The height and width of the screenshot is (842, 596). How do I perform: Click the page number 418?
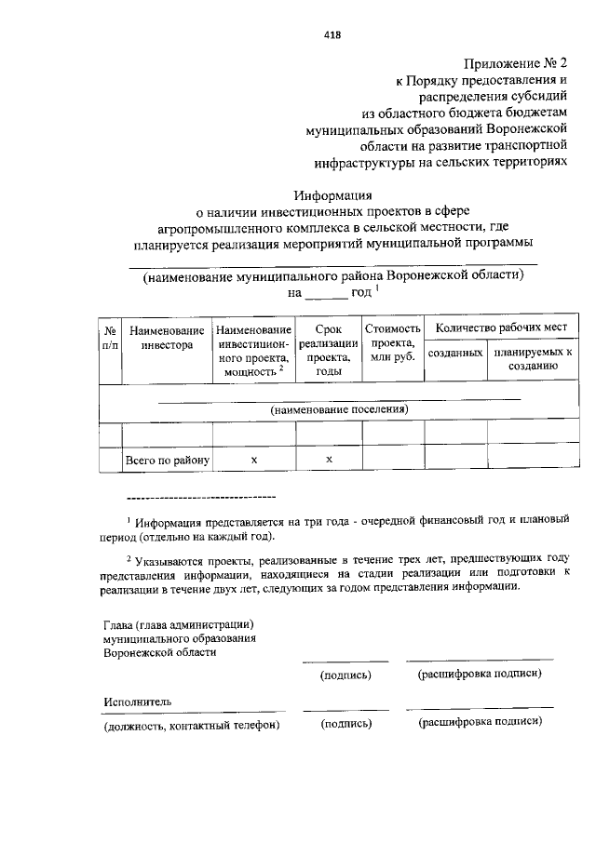coord(332,34)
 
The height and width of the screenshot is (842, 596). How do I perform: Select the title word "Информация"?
coord(332,196)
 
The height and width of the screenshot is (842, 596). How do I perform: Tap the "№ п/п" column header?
coord(110,337)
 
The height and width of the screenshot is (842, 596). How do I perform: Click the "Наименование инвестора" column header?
coord(167,337)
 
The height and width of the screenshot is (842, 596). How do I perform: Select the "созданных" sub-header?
coord(455,354)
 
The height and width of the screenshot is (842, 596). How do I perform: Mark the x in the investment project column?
coord(254,461)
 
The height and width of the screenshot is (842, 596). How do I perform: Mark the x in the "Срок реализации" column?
coord(329,461)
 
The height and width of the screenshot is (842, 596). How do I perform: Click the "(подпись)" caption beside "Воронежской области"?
coord(345,675)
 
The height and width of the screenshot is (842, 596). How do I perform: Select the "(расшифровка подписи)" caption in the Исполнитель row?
coord(480,722)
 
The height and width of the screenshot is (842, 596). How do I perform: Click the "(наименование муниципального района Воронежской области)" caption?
coord(332,276)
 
